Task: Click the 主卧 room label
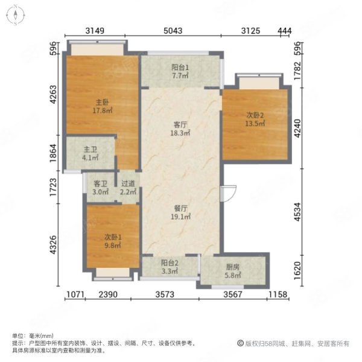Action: coord(101,102)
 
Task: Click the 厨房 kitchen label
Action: coord(233,267)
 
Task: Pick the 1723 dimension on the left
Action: coord(54,189)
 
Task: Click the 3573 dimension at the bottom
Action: coord(169,295)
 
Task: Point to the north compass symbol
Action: coord(19,14)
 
